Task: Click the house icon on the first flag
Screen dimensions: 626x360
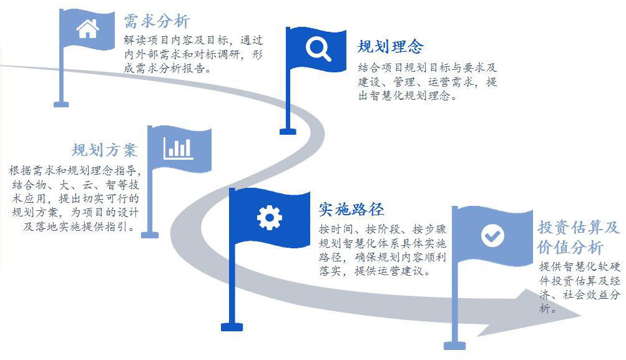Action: coord(87,29)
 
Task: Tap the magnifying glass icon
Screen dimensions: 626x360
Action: coord(318,49)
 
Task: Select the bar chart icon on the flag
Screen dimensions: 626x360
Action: coord(179,148)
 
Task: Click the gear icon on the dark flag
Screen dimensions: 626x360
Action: coord(270,218)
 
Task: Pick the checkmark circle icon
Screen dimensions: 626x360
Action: coord(492,235)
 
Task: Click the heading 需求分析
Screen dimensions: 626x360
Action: coord(157,21)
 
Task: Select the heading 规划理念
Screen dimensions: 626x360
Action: coord(391,46)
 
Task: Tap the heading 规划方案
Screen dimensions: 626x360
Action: coord(105,150)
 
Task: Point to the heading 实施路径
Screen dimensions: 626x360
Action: coord(351,209)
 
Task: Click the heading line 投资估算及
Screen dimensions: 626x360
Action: coord(579,228)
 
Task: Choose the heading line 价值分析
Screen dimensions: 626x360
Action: coord(570,247)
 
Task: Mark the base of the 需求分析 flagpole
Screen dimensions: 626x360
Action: coord(61,104)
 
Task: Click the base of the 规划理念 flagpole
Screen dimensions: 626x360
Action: coord(288,132)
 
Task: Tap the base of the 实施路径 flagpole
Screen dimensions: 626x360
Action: coord(232,328)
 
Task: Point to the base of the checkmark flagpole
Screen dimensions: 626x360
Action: coord(455,346)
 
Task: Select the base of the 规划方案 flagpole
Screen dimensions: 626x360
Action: coord(150,235)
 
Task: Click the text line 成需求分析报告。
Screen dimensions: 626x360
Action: coord(167,68)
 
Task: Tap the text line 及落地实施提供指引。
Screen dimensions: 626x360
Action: coord(79,226)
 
